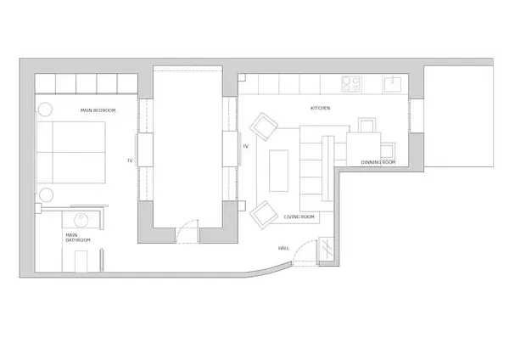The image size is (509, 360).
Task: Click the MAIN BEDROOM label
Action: [98, 110]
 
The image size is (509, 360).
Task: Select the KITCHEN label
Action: [320, 108]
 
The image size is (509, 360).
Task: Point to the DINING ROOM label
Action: [378, 161]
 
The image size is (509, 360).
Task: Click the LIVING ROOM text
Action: [299, 217]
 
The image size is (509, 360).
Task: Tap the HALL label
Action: [283, 248]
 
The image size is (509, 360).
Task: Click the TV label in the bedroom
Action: [130, 160]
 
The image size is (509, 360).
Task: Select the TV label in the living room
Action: [245, 147]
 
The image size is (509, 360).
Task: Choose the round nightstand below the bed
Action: [46, 195]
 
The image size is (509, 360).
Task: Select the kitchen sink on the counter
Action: [393, 83]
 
